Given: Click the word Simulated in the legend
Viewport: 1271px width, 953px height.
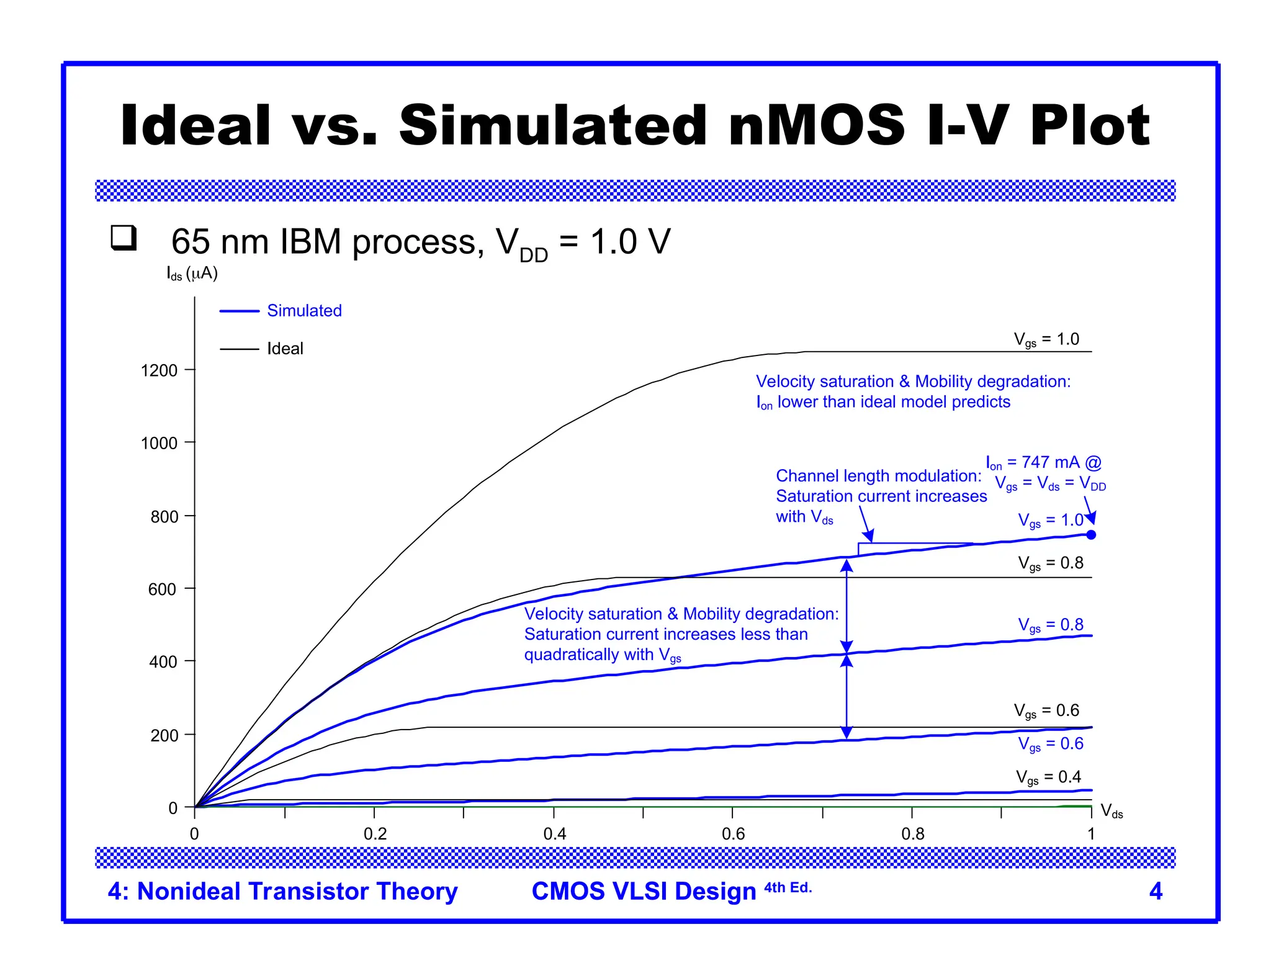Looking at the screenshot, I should [304, 311].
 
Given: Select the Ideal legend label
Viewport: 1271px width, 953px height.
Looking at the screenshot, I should [285, 349].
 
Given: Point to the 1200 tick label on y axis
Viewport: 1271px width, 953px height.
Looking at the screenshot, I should [159, 370].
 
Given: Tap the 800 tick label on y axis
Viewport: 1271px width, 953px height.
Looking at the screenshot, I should [164, 517].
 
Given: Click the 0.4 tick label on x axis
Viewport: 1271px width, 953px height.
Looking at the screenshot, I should [554, 834].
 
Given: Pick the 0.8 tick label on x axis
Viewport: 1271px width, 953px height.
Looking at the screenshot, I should [912, 834].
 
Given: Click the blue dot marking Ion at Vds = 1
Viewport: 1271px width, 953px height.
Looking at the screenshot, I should [1091, 535].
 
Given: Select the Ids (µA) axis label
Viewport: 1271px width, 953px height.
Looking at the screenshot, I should [192, 274].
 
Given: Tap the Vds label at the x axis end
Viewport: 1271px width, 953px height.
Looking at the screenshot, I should [1112, 811].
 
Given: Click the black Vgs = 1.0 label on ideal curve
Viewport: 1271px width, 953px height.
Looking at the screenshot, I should [1046, 340].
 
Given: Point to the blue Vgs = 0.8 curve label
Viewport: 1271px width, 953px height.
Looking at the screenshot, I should [1050, 625].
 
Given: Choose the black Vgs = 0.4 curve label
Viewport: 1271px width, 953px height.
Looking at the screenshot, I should [1048, 777].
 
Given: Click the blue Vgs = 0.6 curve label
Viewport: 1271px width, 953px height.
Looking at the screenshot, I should [1050, 744].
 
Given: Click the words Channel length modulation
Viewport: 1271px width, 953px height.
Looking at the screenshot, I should [878, 476].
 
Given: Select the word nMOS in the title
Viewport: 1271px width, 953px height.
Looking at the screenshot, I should [817, 126].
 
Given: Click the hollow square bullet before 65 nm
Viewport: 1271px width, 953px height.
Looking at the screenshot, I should [124, 238].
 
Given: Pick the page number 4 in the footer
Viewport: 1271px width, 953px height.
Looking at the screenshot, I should [1156, 891].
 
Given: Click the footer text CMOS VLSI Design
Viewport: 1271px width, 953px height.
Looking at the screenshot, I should [644, 891].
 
